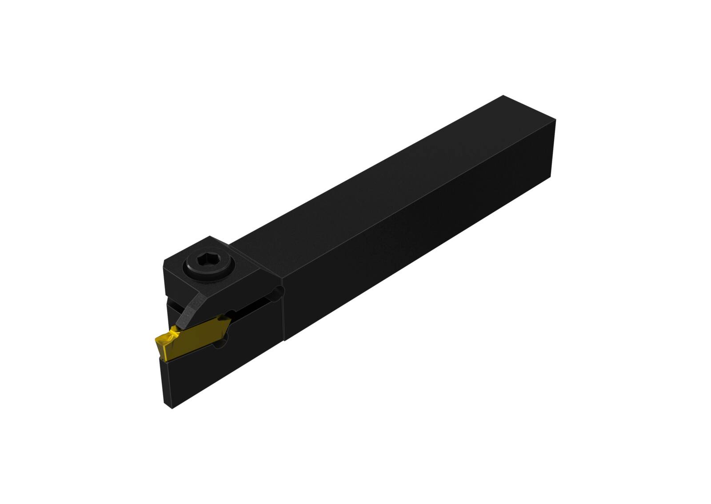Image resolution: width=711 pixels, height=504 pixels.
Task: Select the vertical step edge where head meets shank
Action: [284, 306]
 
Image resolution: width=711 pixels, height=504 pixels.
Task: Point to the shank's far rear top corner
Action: [503, 96]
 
